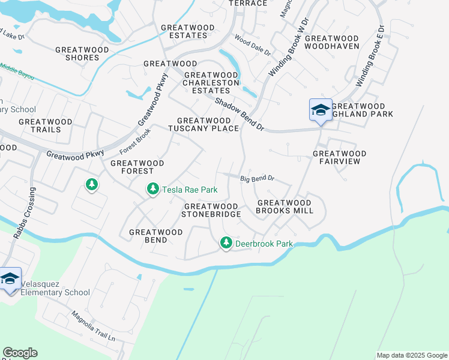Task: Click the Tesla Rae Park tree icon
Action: [x=153, y=190]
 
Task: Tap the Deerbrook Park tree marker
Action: [x=226, y=244]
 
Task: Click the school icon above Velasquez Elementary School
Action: [x=10, y=279]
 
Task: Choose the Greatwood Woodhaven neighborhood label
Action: [x=332, y=42]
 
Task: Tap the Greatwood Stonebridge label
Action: [x=212, y=209]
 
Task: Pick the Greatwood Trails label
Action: [x=45, y=125]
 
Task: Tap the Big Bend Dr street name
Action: [x=257, y=179]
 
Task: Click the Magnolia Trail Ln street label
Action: [x=92, y=326]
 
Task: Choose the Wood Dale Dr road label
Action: [x=253, y=45]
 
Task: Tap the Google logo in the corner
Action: [x=20, y=353]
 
